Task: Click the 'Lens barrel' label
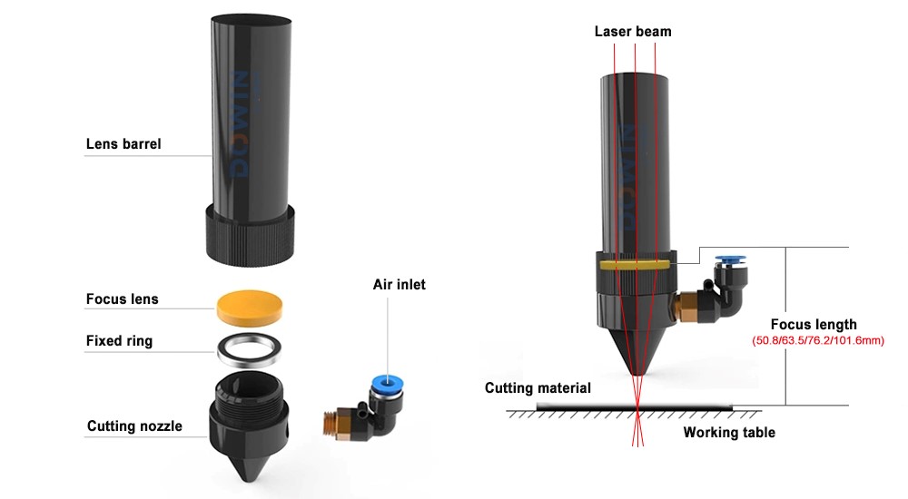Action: pyautogui.click(x=123, y=143)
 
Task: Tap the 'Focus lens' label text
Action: pyautogui.click(x=122, y=298)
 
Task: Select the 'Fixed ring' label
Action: pyautogui.click(x=119, y=341)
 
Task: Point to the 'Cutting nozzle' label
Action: pyautogui.click(x=134, y=426)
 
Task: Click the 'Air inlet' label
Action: pyautogui.click(x=399, y=284)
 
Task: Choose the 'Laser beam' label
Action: pyautogui.click(x=633, y=32)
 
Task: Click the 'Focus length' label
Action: pyautogui.click(x=813, y=324)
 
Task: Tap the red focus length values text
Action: pyautogui.click(x=818, y=341)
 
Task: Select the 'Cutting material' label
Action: pyautogui.click(x=538, y=388)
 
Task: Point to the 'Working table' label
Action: pyautogui.click(x=729, y=432)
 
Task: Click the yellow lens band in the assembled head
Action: pyautogui.click(x=636, y=265)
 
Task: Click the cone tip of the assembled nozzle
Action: pyautogui.click(x=636, y=374)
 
